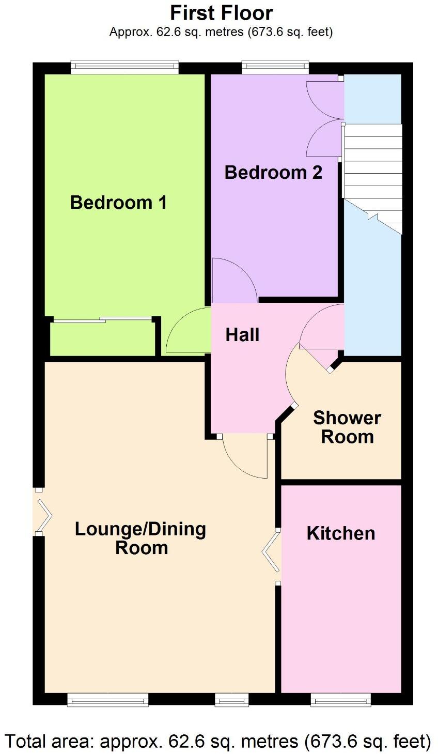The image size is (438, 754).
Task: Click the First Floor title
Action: click(x=222, y=12)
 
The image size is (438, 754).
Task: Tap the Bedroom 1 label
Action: click(x=118, y=202)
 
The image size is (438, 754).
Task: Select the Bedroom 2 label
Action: click(x=273, y=172)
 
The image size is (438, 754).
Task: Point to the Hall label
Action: click(x=242, y=335)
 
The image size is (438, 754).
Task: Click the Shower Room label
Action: click(x=347, y=427)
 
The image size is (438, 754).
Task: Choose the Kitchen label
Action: click(x=341, y=533)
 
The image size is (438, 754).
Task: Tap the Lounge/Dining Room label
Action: click(x=140, y=538)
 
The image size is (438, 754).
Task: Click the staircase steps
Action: click(x=372, y=176)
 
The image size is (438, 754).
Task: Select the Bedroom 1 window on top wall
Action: click(x=124, y=65)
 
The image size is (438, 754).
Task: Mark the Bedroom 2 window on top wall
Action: click(x=275, y=65)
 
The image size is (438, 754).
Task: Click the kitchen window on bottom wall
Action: click(x=341, y=701)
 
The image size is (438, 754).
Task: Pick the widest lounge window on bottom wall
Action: click(x=108, y=701)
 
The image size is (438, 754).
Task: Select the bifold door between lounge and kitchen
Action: click(x=272, y=555)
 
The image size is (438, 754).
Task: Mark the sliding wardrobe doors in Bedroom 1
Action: click(x=103, y=320)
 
